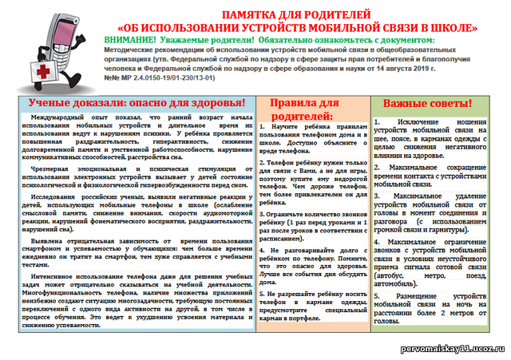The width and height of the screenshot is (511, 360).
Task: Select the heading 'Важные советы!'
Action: click(428, 104)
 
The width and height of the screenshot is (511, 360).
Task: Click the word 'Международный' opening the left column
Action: click(53, 118)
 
